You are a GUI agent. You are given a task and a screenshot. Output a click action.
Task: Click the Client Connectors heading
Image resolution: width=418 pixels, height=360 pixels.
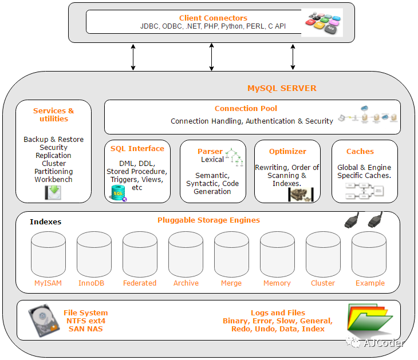coord(213,18)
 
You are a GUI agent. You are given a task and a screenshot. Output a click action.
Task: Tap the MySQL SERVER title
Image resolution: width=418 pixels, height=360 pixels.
coord(282,88)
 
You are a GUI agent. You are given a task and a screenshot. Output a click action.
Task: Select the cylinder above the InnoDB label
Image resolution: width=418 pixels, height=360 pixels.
coord(94,254)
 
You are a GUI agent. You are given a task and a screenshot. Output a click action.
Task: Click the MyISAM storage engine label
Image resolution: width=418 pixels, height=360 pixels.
coord(48,283)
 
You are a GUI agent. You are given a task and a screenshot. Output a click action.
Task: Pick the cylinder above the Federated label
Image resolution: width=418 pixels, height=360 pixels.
coord(140,254)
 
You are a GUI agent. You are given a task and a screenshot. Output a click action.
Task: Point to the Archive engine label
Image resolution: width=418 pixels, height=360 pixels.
coord(186,283)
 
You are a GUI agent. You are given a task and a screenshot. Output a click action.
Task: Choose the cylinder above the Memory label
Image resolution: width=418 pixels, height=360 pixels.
coord(278,254)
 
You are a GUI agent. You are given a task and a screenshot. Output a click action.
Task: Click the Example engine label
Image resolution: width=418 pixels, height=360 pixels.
coord(370,283)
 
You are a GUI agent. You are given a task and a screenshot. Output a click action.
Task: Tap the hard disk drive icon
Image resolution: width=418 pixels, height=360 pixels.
coord(44,321)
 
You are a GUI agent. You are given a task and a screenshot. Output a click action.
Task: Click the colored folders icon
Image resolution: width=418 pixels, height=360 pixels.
coord(370,319)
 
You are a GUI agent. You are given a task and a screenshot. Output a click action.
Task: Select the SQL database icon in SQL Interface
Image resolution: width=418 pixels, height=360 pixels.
coord(118,193)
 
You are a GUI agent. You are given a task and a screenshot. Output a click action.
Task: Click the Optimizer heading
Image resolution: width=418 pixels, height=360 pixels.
coord(287,151)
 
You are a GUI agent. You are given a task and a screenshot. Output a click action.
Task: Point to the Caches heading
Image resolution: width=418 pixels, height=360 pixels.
coord(360,151)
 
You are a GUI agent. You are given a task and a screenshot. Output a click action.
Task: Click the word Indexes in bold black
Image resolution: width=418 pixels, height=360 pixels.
coord(45,221)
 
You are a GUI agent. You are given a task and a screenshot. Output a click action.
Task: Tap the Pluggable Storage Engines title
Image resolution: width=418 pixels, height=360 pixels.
coord(208,220)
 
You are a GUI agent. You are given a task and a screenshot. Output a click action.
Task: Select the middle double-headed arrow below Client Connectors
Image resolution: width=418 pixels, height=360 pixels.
coord(211,57)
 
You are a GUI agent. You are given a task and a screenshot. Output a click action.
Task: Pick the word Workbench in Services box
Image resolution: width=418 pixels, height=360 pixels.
coord(53,180)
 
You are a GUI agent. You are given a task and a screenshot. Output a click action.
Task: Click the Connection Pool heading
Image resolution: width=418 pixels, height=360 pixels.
coord(246,108)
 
